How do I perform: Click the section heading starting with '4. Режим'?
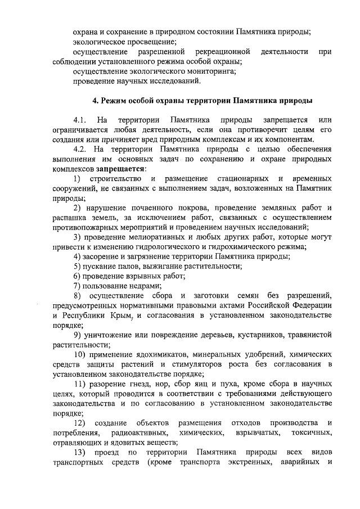(202, 101)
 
